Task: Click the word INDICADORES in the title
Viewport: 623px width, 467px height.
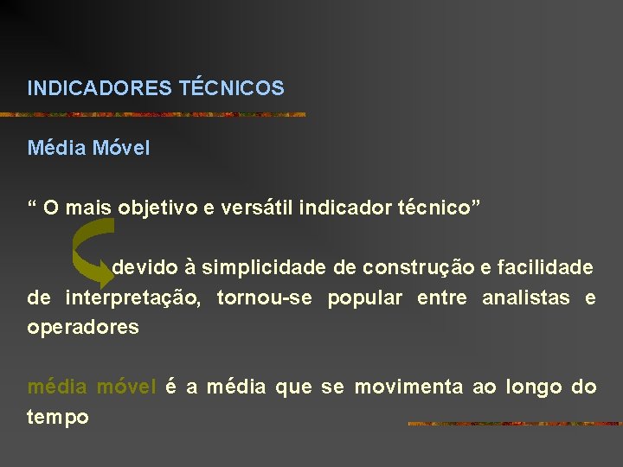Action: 100,88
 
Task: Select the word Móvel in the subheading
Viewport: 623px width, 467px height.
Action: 124,148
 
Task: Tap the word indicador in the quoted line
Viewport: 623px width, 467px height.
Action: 343,208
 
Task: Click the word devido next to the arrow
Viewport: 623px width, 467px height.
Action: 142,267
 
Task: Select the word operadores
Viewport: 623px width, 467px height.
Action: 83,329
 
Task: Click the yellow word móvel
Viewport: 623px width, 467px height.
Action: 126,387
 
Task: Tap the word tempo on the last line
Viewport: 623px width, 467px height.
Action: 58,417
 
